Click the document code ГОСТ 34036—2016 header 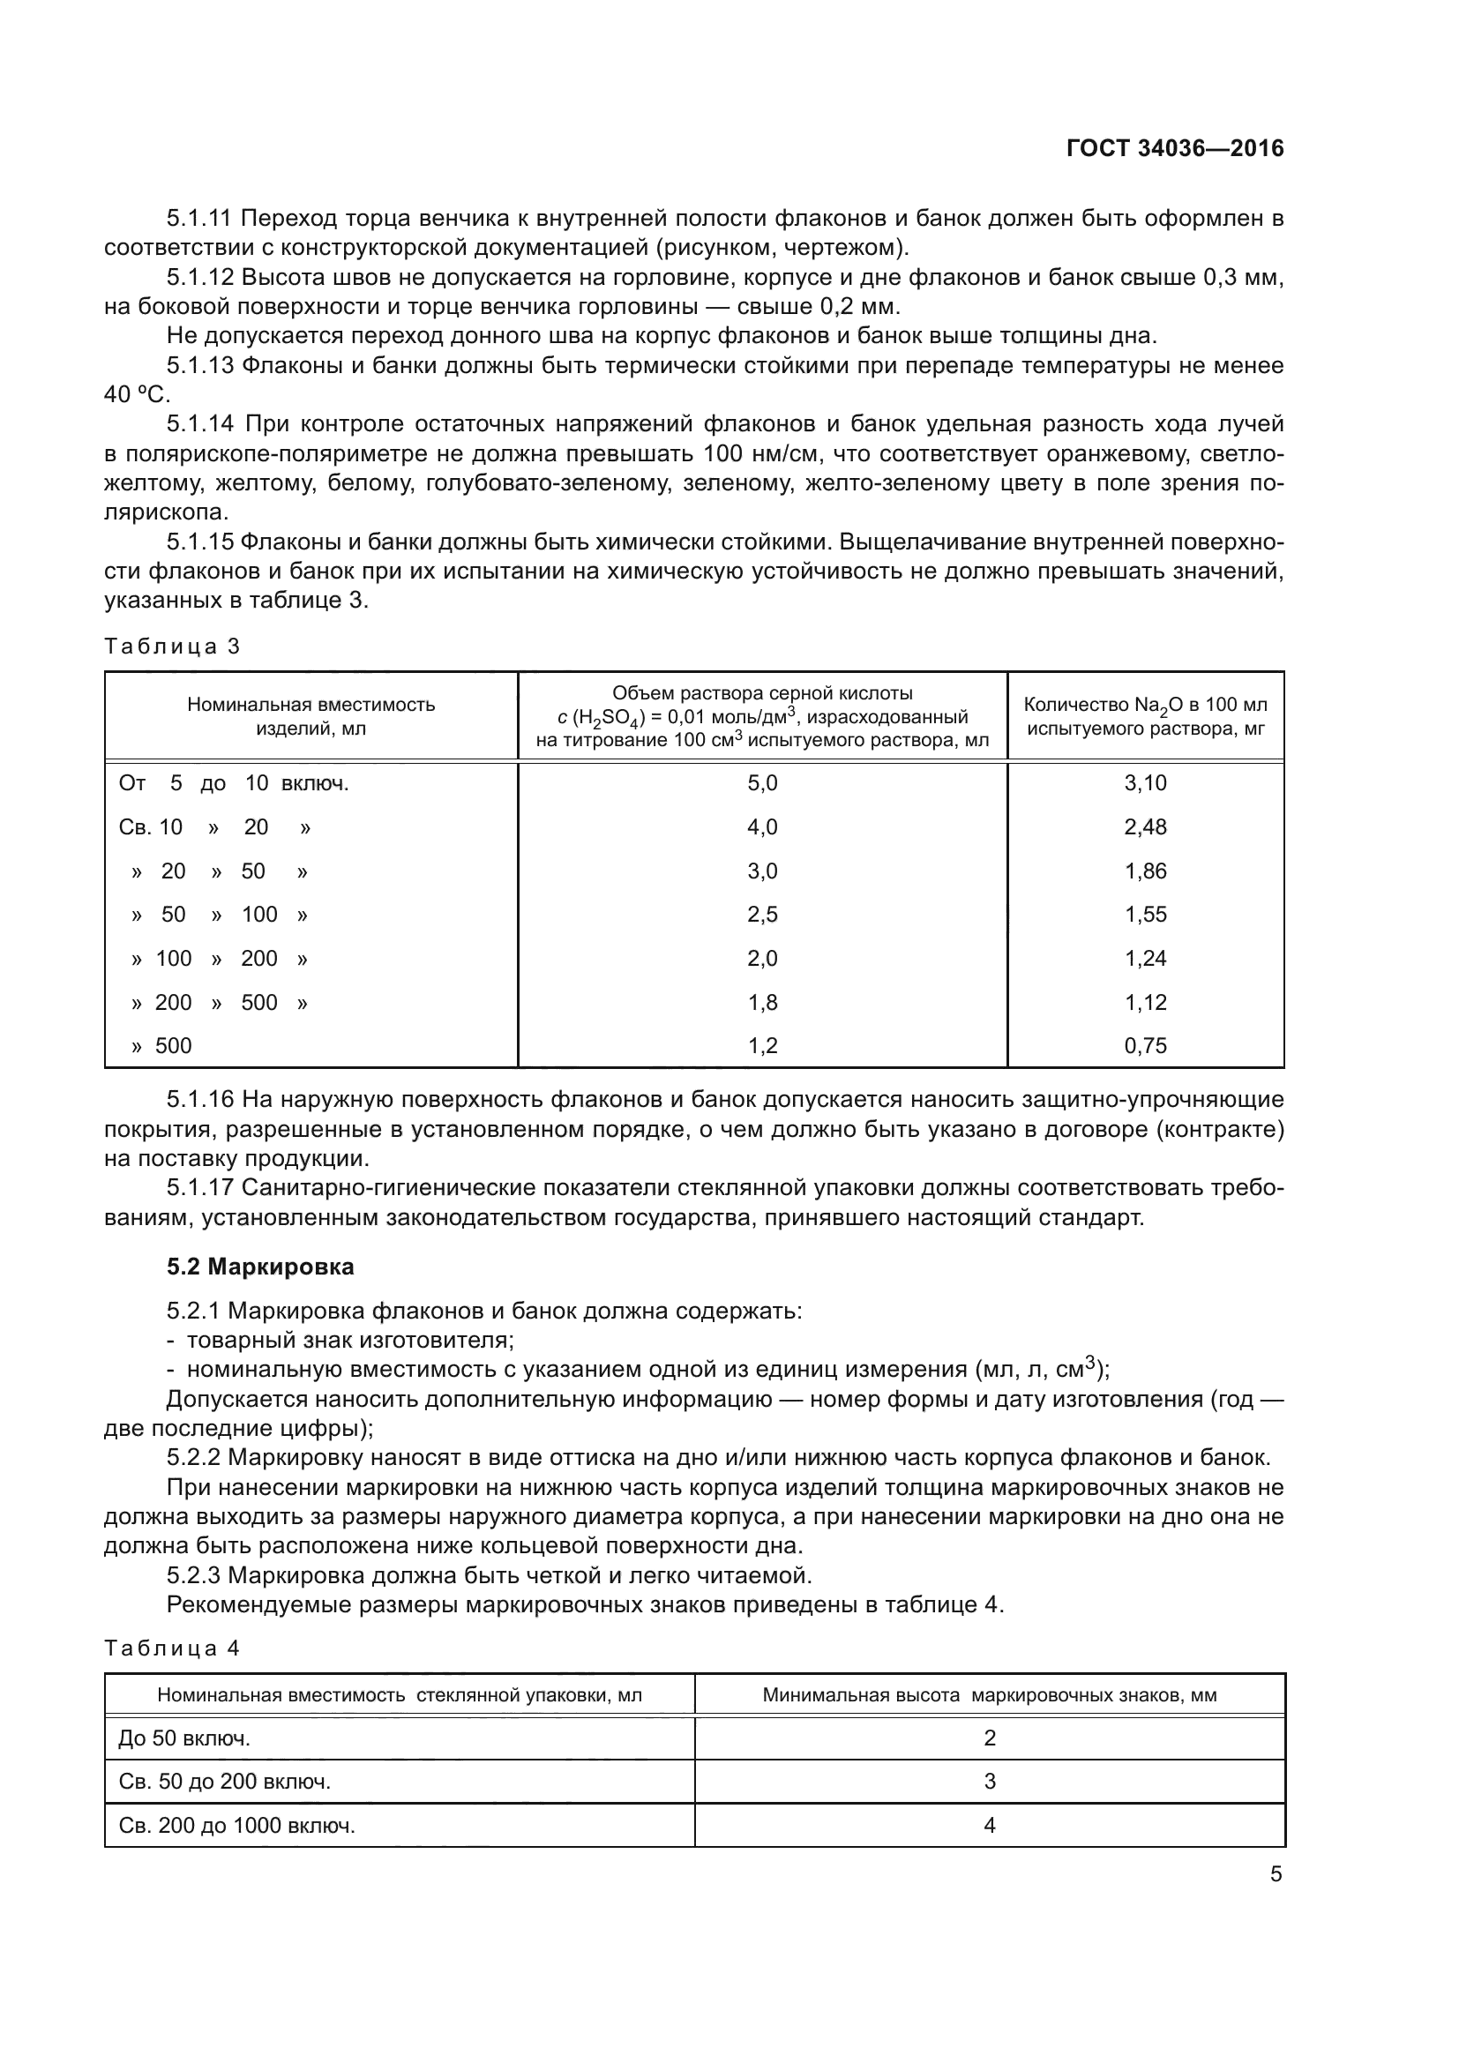(x=1174, y=149)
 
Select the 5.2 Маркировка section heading (x=259, y=1267)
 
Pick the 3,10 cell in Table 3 (x=1145, y=783)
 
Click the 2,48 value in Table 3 (x=1145, y=827)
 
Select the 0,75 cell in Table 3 (x=1145, y=1046)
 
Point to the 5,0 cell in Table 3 (x=762, y=783)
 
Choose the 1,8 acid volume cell (x=762, y=1002)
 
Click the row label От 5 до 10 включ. (x=234, y=783)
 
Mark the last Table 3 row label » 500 (x=161, y=1046)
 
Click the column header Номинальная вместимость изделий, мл (x=311, y=716)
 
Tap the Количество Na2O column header (x=1145, y=716)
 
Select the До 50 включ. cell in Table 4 (x=184, y=1738)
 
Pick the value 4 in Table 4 (x=989, y=1825)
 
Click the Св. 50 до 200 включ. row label (x=225, y=1782)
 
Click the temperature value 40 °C (x=137, y=395)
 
